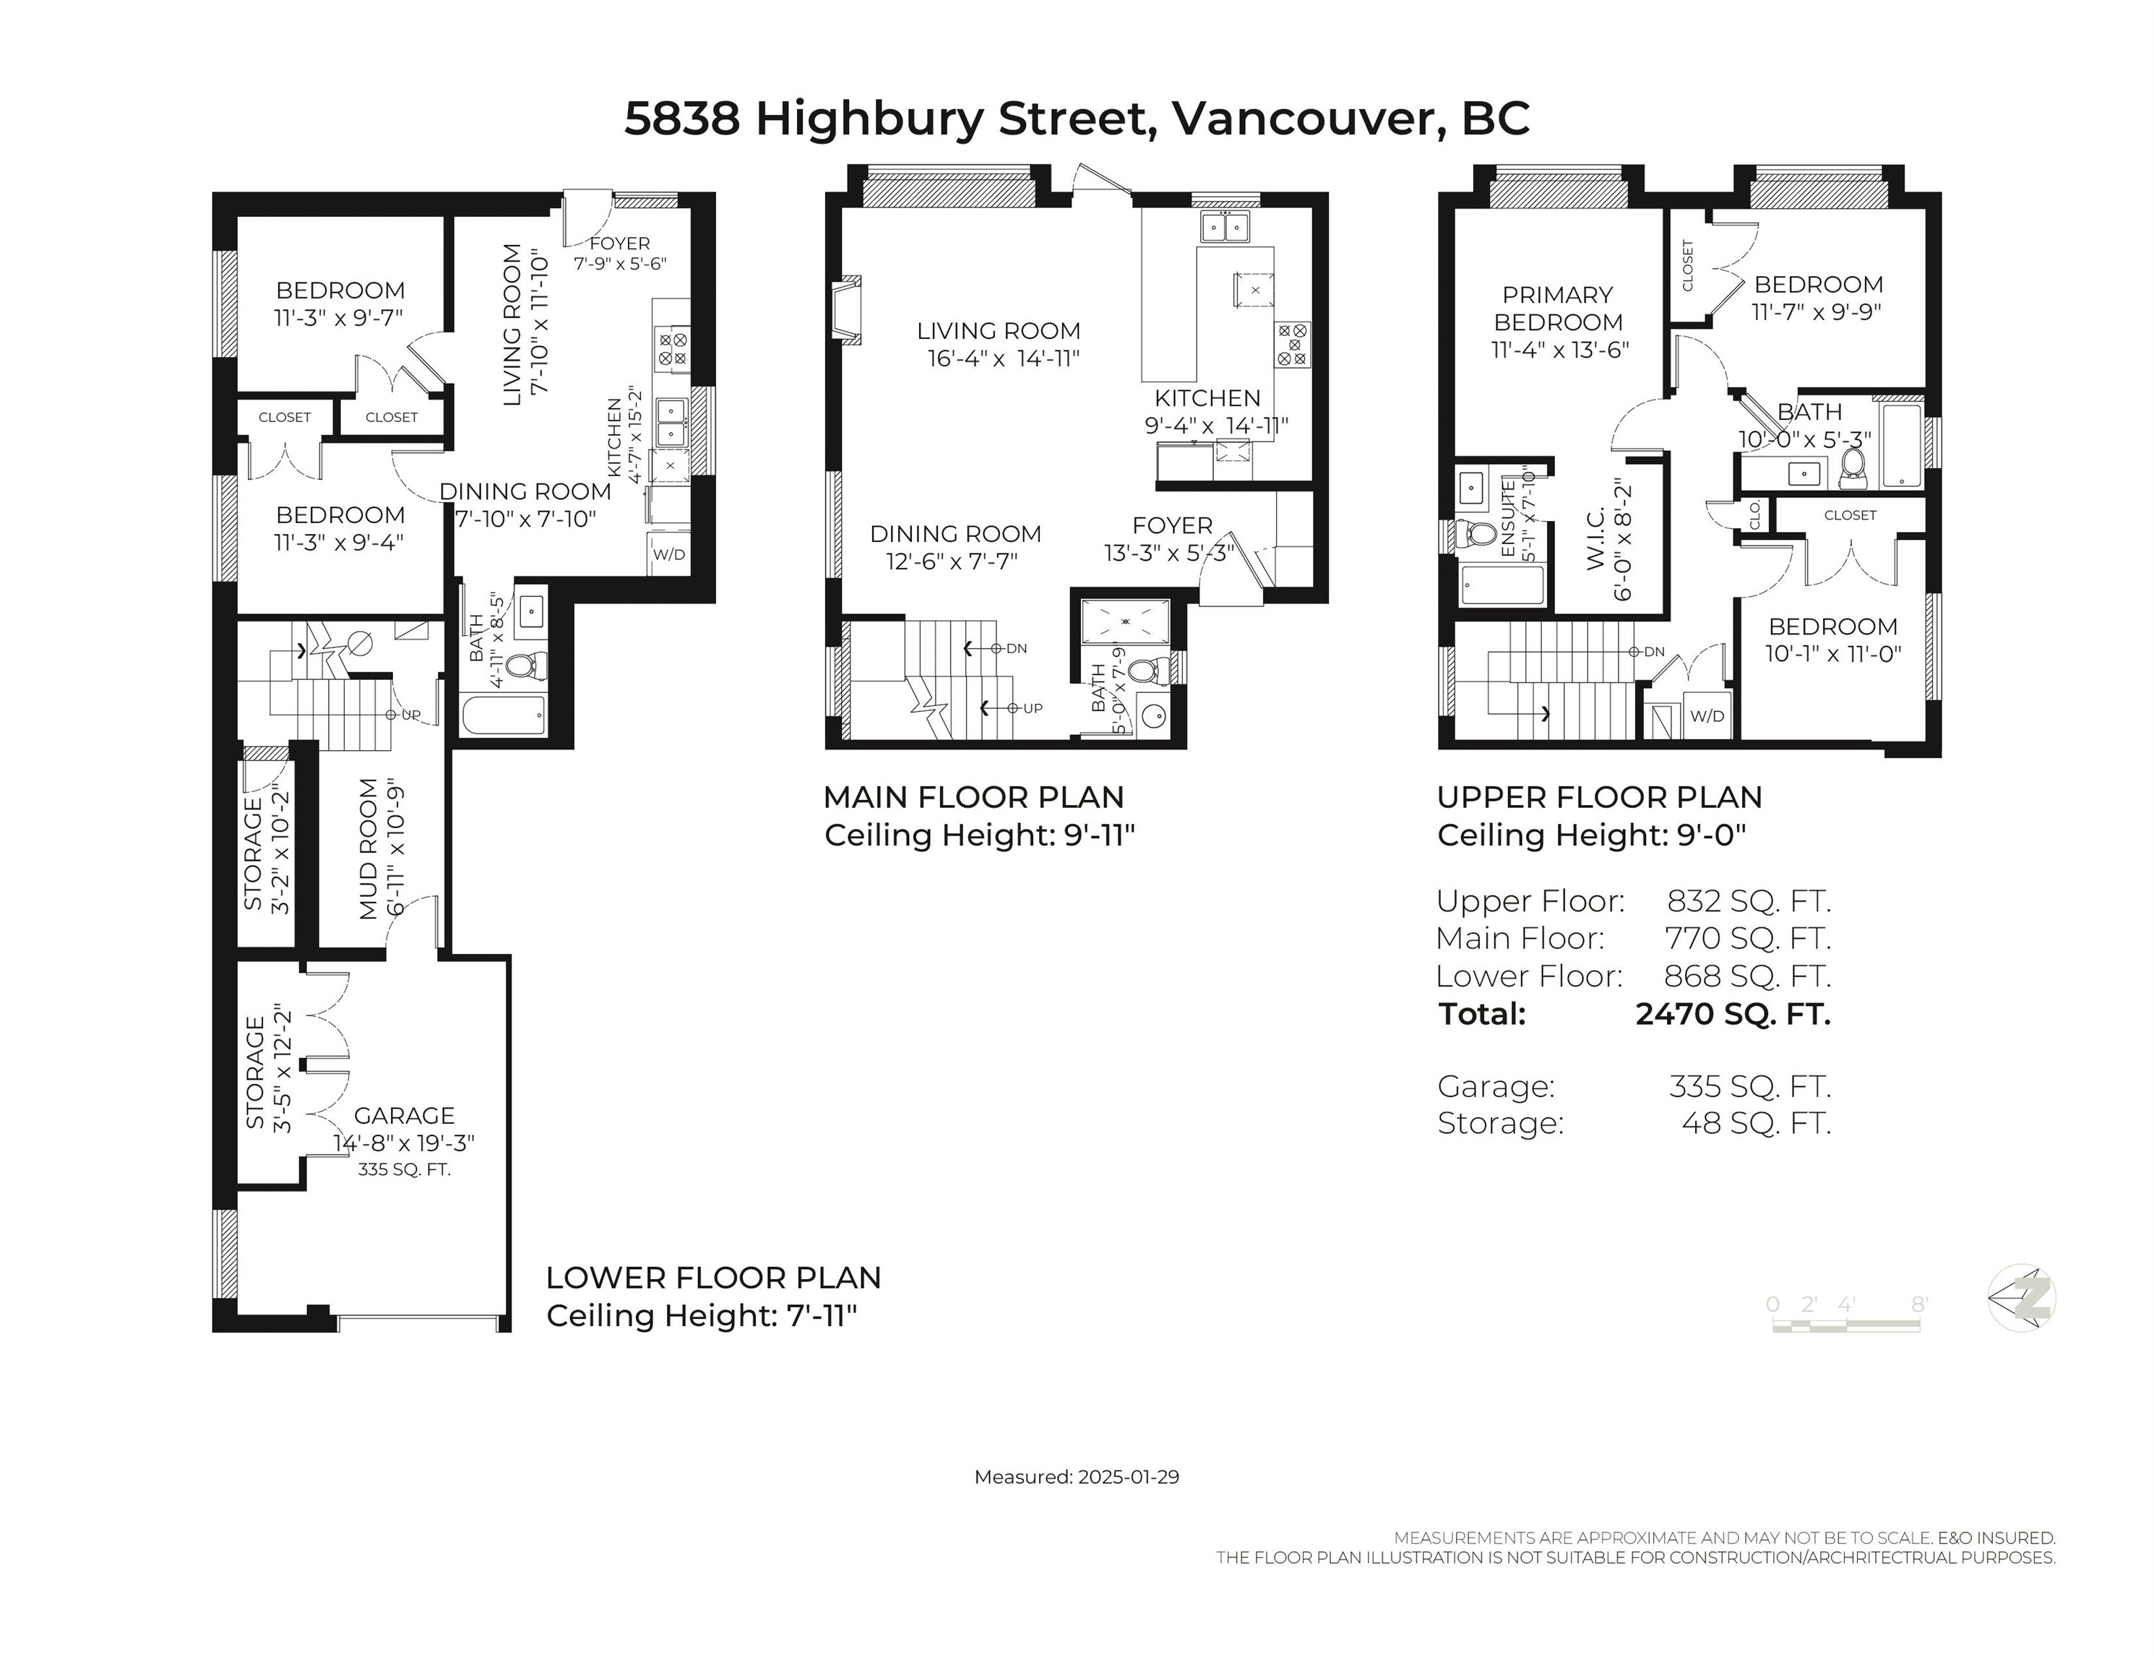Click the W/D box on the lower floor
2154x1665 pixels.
(668, 554)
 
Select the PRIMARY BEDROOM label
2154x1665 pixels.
(1557, 308)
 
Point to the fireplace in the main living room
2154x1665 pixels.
(846, 311)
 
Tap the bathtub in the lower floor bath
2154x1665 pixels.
(503, 715)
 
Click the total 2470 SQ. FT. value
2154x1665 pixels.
(1732, 1014)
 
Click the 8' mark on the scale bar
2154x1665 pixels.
(1918, 1304)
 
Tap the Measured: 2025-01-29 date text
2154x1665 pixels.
(1076, 1476)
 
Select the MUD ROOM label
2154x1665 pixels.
(369, 848)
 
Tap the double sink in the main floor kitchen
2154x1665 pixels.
(1224, 227)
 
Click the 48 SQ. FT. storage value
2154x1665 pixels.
(1756, 1122)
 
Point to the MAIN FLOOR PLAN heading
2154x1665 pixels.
(973, 797)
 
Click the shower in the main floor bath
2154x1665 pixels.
(1125, 622)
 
